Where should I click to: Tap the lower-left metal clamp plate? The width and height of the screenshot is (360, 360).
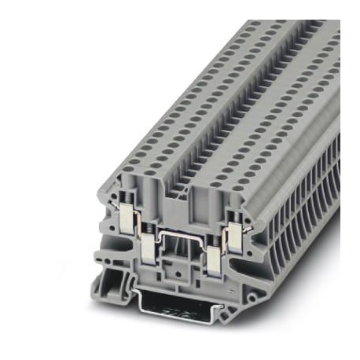pyautogui.click(x=149, y=249)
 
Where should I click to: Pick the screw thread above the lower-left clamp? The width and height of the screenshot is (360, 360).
pyautogui.click(x=149, y=233)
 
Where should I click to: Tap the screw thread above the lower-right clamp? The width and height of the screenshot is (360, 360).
pyautogui.click(x=211, y=237)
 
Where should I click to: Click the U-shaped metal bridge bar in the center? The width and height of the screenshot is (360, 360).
pyautogui.click(x=179, y=236)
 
